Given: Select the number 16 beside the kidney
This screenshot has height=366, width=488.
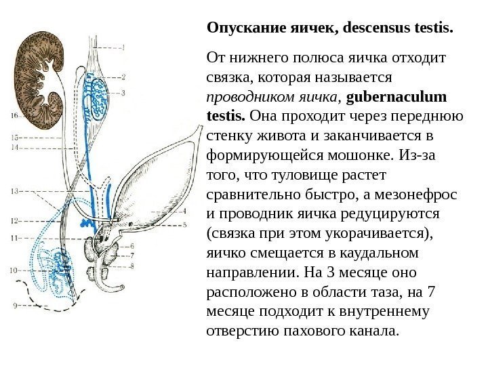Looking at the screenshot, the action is point(14,117).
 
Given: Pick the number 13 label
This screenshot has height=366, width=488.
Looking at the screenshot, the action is point(14,192).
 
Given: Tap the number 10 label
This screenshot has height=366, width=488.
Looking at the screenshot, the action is point(14,270).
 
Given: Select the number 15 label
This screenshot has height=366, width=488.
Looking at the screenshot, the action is point(14,138).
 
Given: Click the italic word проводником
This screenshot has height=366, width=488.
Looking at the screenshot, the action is point(245,98).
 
